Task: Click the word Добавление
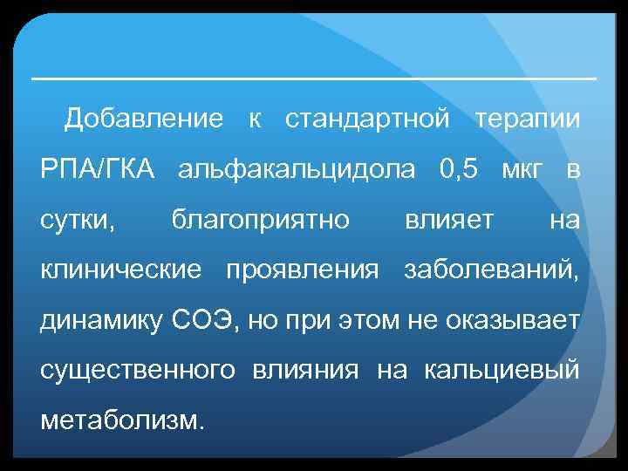(144, 119)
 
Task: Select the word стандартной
(367, 119)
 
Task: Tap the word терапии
(526, 119)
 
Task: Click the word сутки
(78, 220)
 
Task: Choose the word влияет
(448, 220)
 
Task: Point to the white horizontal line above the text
(314, 78)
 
